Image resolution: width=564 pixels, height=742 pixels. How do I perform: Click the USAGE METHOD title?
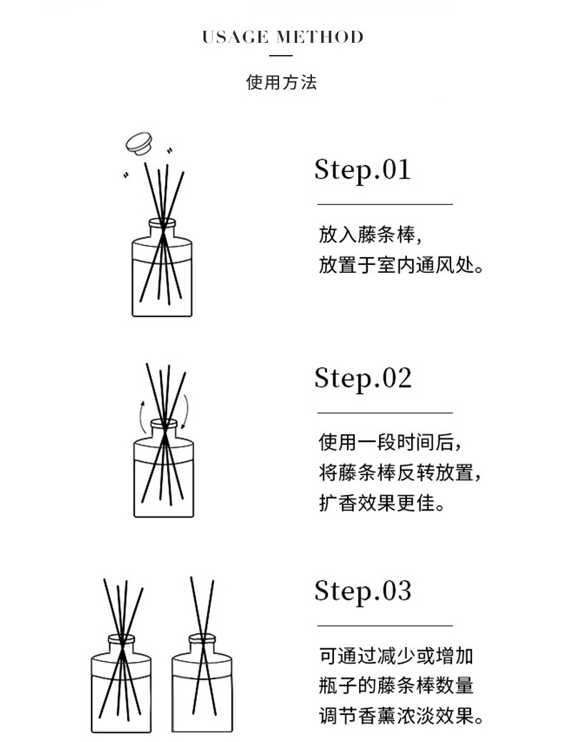(x=283, y=37)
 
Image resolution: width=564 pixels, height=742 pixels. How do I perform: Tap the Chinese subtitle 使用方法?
(x=281, y=82)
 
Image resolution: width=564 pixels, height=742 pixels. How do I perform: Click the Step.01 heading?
(x=363, y=170)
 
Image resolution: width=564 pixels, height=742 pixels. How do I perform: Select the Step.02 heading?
(x=363, y=378)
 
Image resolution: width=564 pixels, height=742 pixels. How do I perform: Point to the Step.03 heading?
(x=363, y=591)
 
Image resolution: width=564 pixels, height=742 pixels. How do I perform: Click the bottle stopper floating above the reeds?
(x=139, y=144)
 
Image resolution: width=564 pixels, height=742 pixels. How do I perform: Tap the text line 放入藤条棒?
(x=370, y=235)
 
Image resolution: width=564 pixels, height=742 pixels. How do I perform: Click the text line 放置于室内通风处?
(x=401, y=265)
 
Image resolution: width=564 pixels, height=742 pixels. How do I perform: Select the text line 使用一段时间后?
(x=390, y=443)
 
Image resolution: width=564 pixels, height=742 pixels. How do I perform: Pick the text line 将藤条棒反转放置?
(x=401, y=473)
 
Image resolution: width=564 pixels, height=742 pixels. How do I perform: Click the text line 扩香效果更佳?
(x=382, y=503)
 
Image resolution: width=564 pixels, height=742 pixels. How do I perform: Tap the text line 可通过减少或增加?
(x=396, y=656)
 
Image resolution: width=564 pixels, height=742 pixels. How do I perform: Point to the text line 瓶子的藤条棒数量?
(x=396, y=686)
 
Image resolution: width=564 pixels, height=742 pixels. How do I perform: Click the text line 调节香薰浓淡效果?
(x=401, y=716)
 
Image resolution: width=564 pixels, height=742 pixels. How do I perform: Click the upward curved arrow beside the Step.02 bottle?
(x=141, y=416)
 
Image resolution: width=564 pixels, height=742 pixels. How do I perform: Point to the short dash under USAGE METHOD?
(x=281, y=56)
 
